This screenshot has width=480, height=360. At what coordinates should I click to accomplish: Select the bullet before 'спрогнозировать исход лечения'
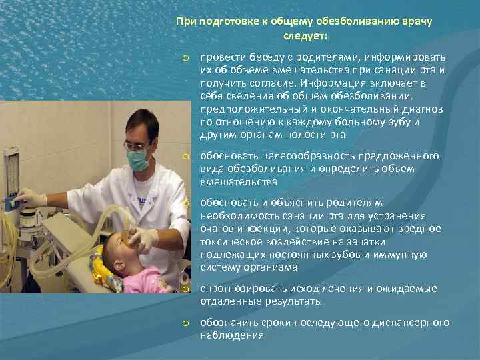click(187, 289)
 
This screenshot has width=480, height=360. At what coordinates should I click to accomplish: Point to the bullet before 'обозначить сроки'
click(187, 323)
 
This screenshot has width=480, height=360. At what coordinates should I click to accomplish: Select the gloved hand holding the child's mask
click(143, 237)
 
